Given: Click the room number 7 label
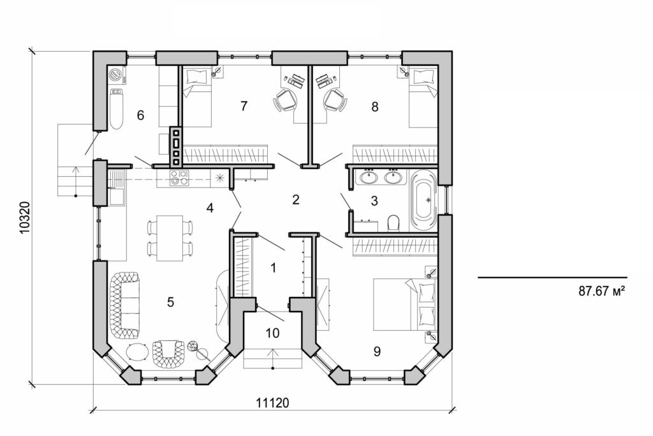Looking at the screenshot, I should tap(244, 107).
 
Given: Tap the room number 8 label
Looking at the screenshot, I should tap(375, 107).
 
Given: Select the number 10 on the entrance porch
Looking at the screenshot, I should tap(272, 333).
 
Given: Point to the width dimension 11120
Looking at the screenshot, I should tap(273, 403).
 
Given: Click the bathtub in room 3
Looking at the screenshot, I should tap(423, 199).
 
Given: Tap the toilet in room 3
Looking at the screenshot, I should tap(393, 223).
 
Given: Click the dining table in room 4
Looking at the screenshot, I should tap(170, 237).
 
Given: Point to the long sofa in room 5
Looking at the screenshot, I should tap(124, 304).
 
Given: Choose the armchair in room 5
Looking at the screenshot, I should tap(167, 353).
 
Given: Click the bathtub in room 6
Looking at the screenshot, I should tap(116, 109).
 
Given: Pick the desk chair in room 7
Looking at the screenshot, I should tap(284, 100).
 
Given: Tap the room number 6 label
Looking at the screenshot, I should tap(140, 116).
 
